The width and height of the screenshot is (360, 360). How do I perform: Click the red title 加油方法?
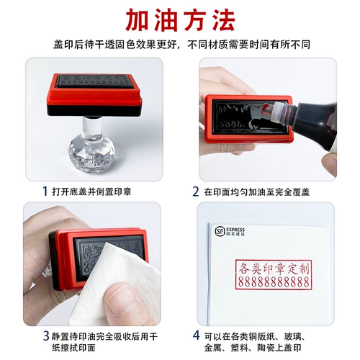[179, 19]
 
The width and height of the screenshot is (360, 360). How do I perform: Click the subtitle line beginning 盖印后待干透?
[179, 45]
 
